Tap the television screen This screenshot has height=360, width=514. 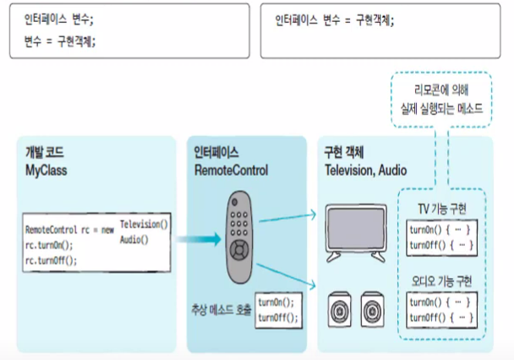(x=351, y=225)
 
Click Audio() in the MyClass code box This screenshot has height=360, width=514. (x=134, y=239)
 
